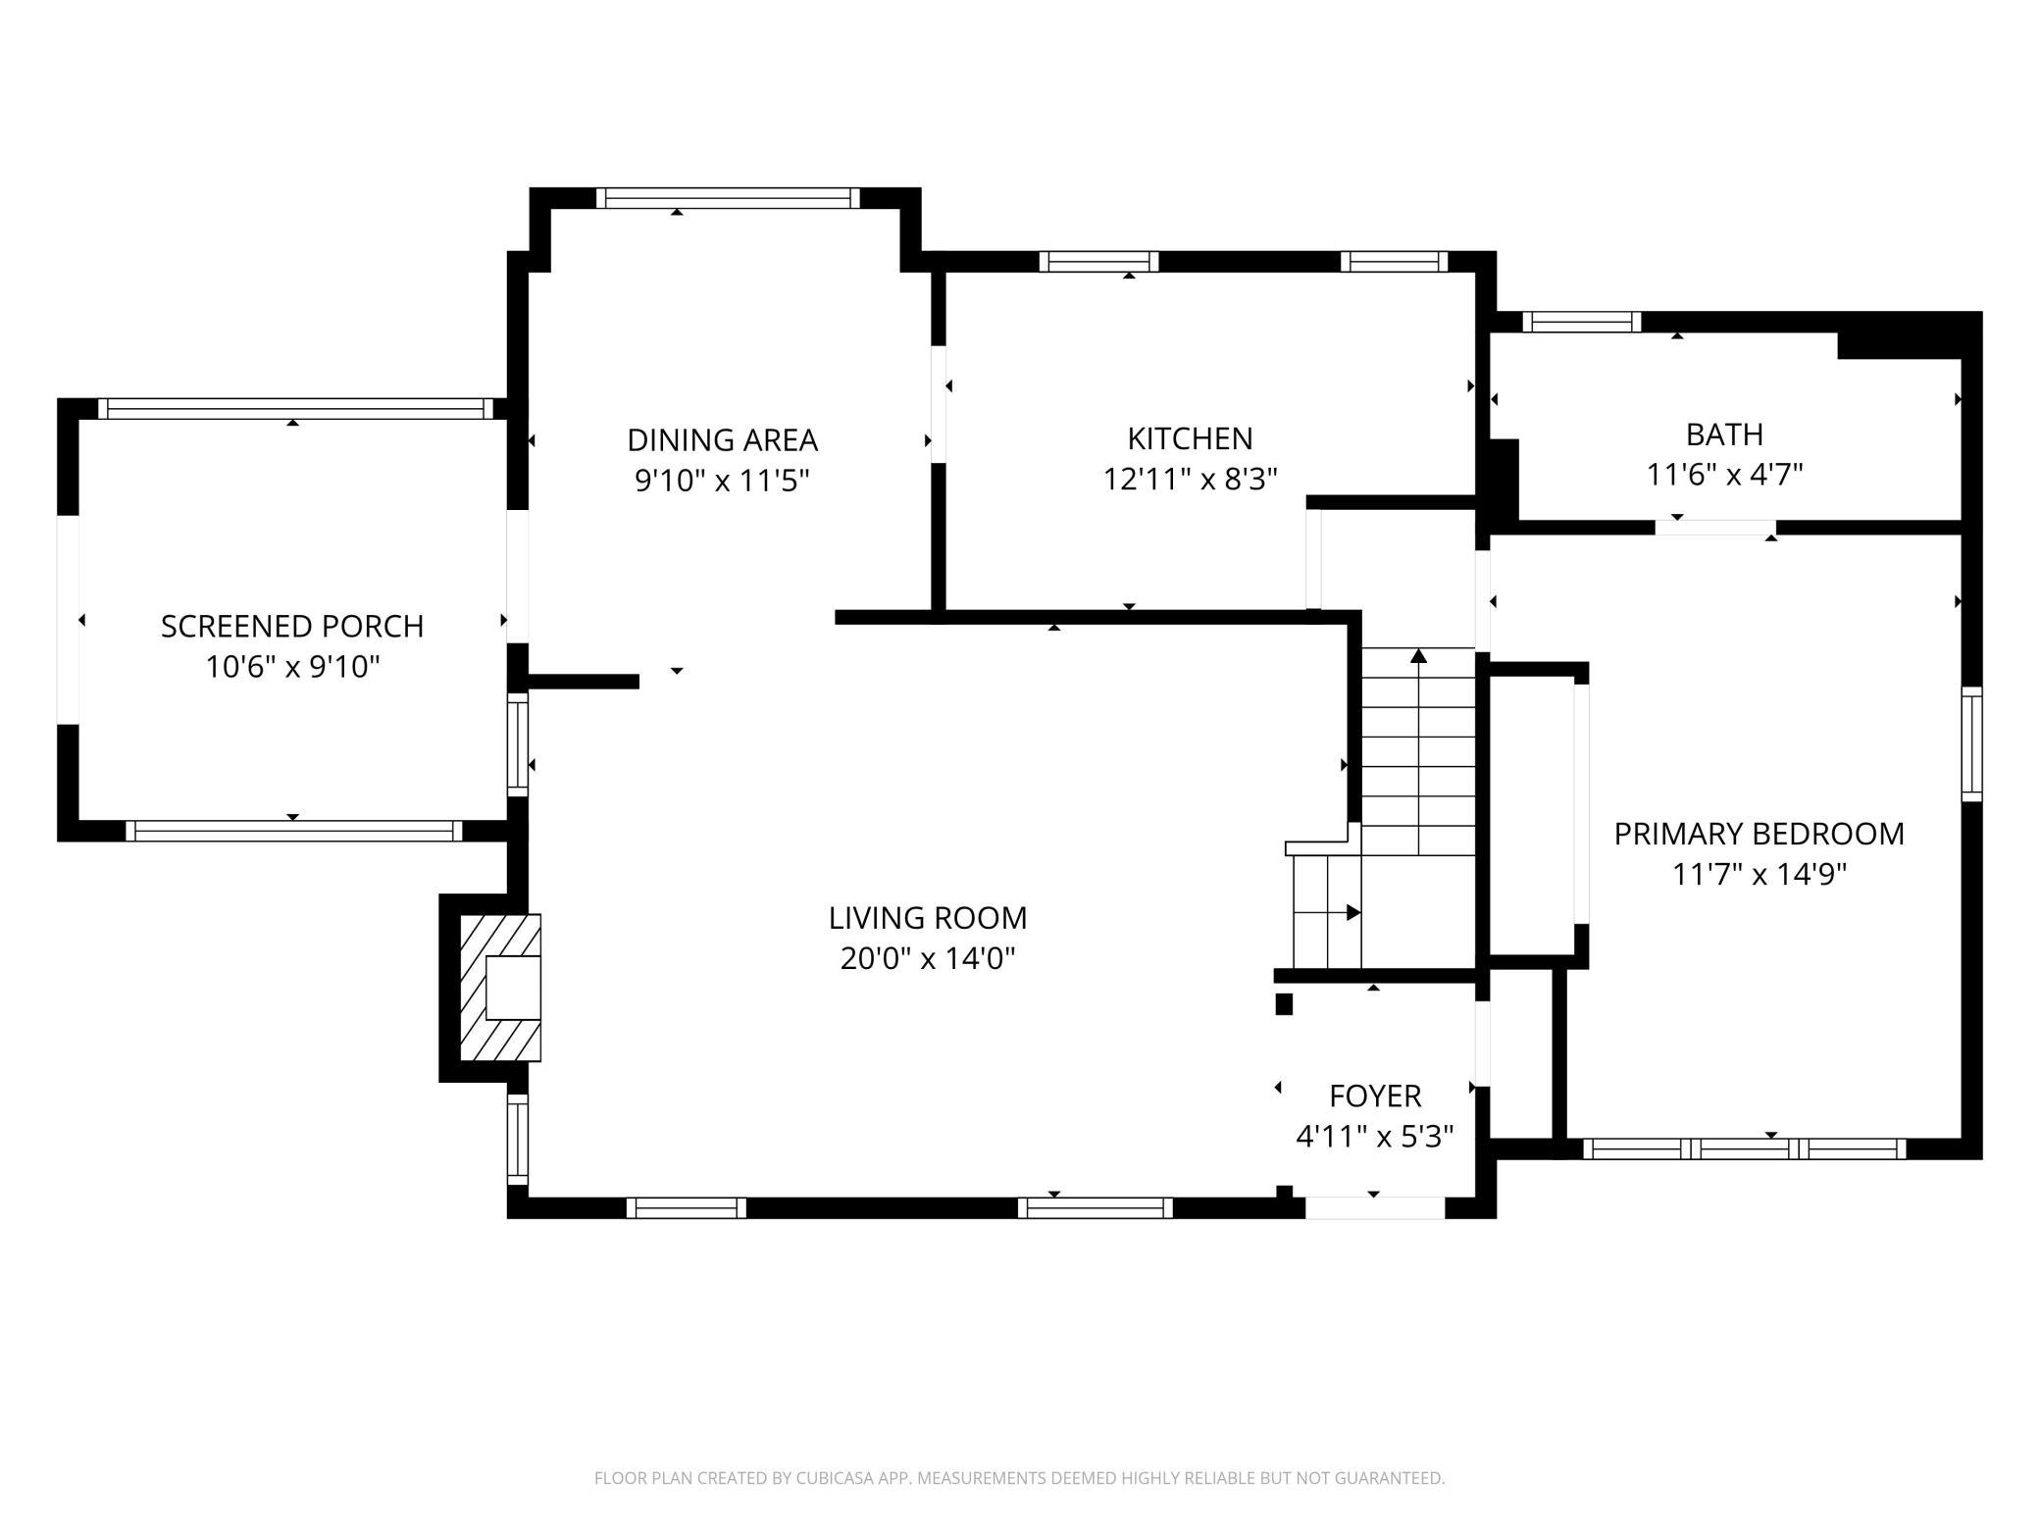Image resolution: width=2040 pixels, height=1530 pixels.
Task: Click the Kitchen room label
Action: click(1190, 438)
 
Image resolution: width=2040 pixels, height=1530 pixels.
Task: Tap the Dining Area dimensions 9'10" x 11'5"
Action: click(722, 481)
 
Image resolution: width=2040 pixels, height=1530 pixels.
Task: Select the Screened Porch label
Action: click(292, 627)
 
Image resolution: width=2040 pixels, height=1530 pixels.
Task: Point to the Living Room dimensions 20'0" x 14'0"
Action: click(928, 958)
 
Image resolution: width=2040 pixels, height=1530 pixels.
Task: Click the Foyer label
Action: click(1375, 1096)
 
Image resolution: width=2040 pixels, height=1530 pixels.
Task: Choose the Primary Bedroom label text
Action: click(1759, 834)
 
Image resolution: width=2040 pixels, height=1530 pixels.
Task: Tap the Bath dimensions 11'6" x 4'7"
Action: click(1725, 475)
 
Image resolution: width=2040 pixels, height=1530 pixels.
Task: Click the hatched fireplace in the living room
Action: click(500, 988)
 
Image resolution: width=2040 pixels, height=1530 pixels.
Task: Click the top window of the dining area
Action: click(728, 198)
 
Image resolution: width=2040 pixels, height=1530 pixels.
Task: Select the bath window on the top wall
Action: click(1581, 322)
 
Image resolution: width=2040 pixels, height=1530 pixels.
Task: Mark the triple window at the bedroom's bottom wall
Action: click(1745, 1148)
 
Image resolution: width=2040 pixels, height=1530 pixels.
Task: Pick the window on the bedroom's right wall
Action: click(1971, 744)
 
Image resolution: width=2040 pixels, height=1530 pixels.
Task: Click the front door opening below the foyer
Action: click(1375, 1208)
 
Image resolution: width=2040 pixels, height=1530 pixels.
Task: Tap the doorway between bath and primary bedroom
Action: click(1715, 528)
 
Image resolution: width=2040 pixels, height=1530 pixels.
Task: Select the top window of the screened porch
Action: click(295, 409)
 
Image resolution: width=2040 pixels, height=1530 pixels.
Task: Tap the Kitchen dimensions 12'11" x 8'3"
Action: click(1190, 479)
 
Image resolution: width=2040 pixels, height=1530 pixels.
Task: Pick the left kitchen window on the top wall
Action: click(1098, 262)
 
